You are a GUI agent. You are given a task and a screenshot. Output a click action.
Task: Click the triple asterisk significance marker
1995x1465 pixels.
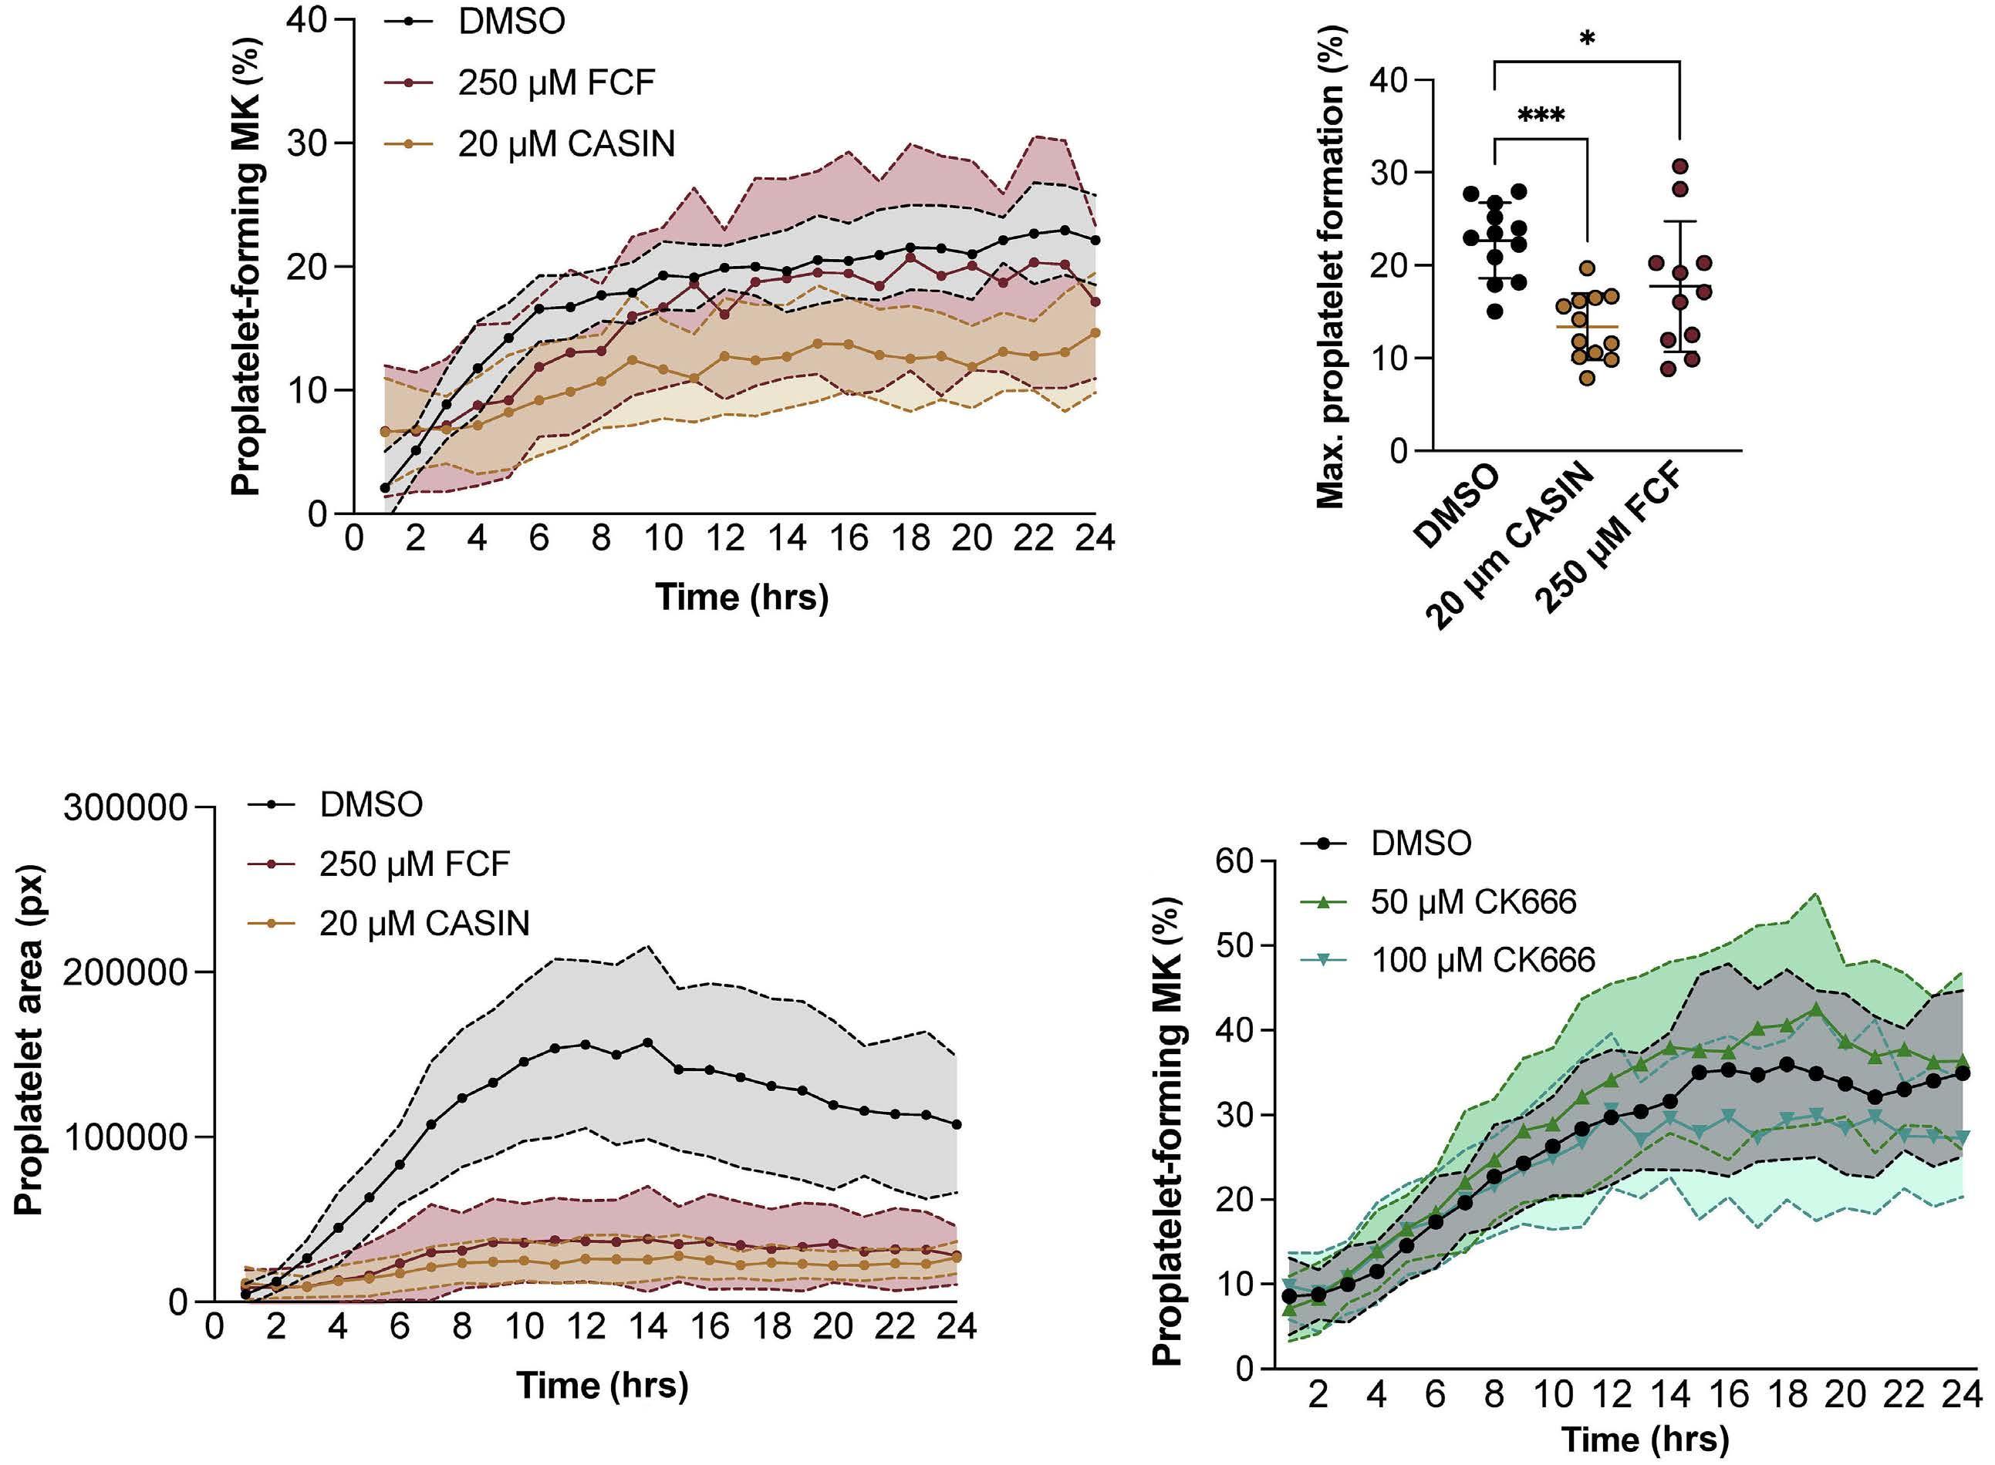[1541, 116]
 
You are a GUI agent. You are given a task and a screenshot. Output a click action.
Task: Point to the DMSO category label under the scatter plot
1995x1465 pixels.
[1459, 507]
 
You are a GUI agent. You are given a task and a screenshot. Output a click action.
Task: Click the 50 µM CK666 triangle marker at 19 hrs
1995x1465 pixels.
[1816, 1009]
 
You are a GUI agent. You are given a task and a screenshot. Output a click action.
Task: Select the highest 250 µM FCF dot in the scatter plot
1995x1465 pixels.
[1680, 167]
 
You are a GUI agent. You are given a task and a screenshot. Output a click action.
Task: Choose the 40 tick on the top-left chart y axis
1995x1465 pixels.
[307, 19]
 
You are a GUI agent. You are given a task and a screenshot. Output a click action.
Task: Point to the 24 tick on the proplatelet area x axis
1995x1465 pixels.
[957, 1325]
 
